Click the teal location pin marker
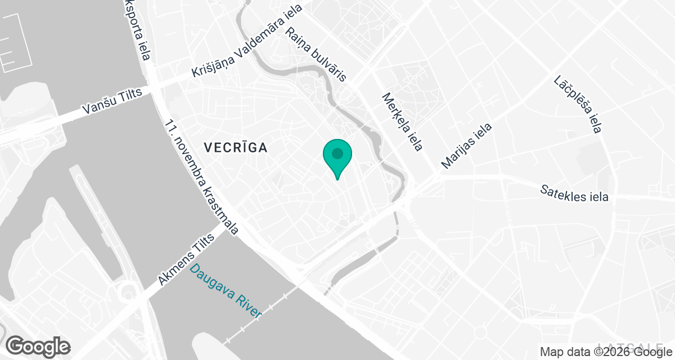[x=337, y=157]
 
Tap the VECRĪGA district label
[x=235, y=148]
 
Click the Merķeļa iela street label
[x=402, y=122]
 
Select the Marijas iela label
[x=466, y=146]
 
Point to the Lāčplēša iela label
[x=577, y=105]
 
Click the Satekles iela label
[x=574, y=193]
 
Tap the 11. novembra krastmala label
[x=202, y=177]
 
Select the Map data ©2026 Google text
[x=605, y=352]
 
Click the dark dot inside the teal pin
[x=337, y=153]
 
